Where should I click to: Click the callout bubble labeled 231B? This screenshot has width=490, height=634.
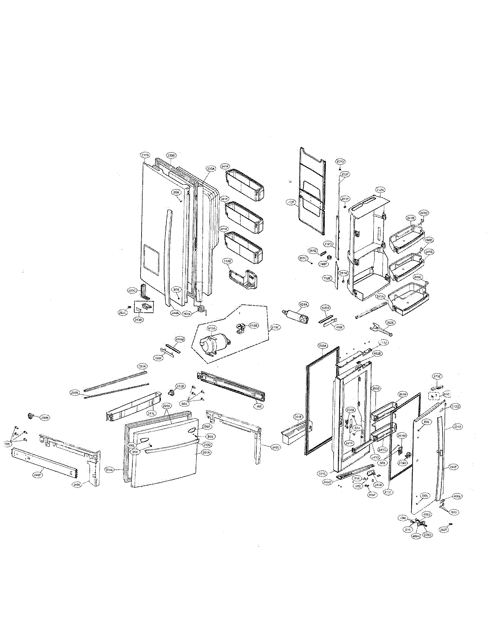click(145, 155)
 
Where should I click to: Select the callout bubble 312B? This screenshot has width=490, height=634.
click(227, 261)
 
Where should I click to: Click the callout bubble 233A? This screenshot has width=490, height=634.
click(323, 346)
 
